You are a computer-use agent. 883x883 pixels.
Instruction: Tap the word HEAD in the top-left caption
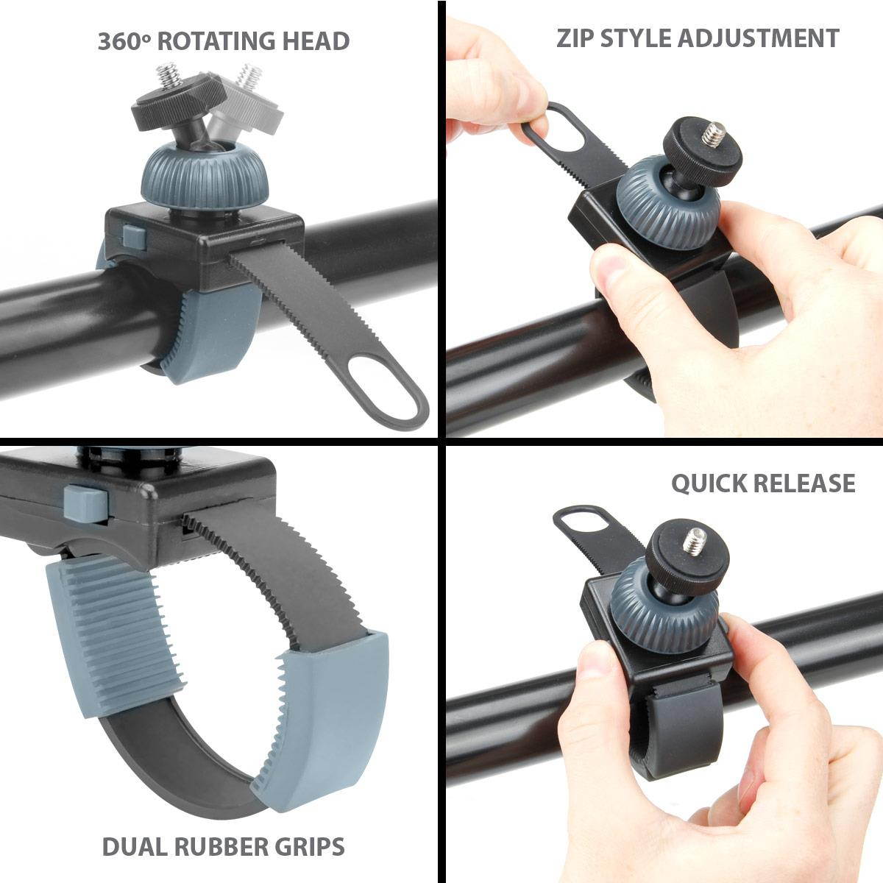316,41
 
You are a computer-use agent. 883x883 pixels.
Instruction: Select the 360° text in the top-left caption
124,41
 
